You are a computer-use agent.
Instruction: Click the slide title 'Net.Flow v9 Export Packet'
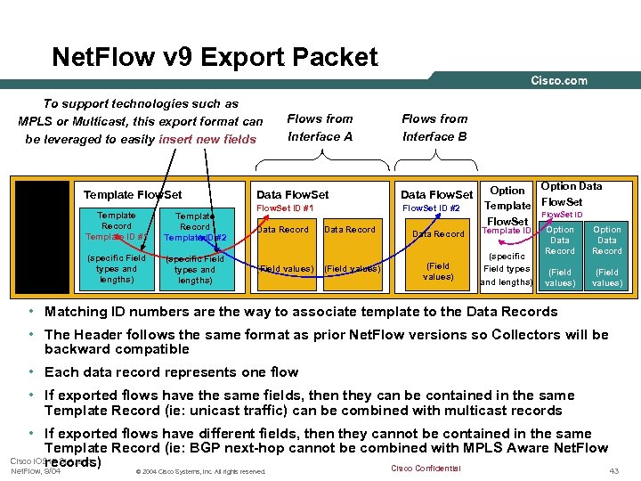click(x=215, y=58)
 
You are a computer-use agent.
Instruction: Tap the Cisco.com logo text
click(x=559, y=81)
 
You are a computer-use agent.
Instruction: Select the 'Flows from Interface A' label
click(x=320, y=127)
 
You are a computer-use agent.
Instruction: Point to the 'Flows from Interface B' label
click(x=434, y=127)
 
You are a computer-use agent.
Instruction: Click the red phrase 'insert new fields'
click(x=207, y=139)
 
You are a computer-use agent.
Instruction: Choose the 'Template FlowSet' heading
click(x=132, y=195)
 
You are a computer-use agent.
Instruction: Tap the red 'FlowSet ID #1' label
click(x=285, y=208)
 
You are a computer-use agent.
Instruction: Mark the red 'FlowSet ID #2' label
click(x=431, y=208)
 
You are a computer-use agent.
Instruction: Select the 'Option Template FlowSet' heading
click(x=507, y=206)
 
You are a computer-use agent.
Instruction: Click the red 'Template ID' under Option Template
click(x=507, y=231)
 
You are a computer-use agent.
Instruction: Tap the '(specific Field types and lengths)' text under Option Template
click(x=507, y=268)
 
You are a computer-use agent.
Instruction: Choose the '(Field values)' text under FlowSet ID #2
click(x=438, y=271)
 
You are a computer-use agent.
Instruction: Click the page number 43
click(x=613, y=470)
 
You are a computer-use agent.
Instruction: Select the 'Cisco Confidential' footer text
click(x=426, y=469)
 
